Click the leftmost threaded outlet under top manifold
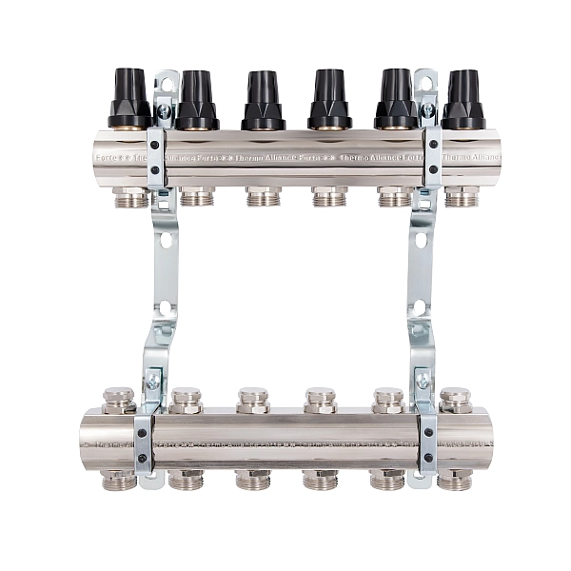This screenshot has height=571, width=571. click(130, 197)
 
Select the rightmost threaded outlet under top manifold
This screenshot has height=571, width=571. click(462, 197)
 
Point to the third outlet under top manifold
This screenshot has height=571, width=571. click(264, 197)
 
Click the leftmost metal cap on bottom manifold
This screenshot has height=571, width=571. click(119, 399)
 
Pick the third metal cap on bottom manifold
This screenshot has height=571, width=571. click(253, 399)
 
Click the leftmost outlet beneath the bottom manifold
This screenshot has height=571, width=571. click(119, 479)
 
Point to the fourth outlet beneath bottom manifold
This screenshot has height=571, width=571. click(321, 479)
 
